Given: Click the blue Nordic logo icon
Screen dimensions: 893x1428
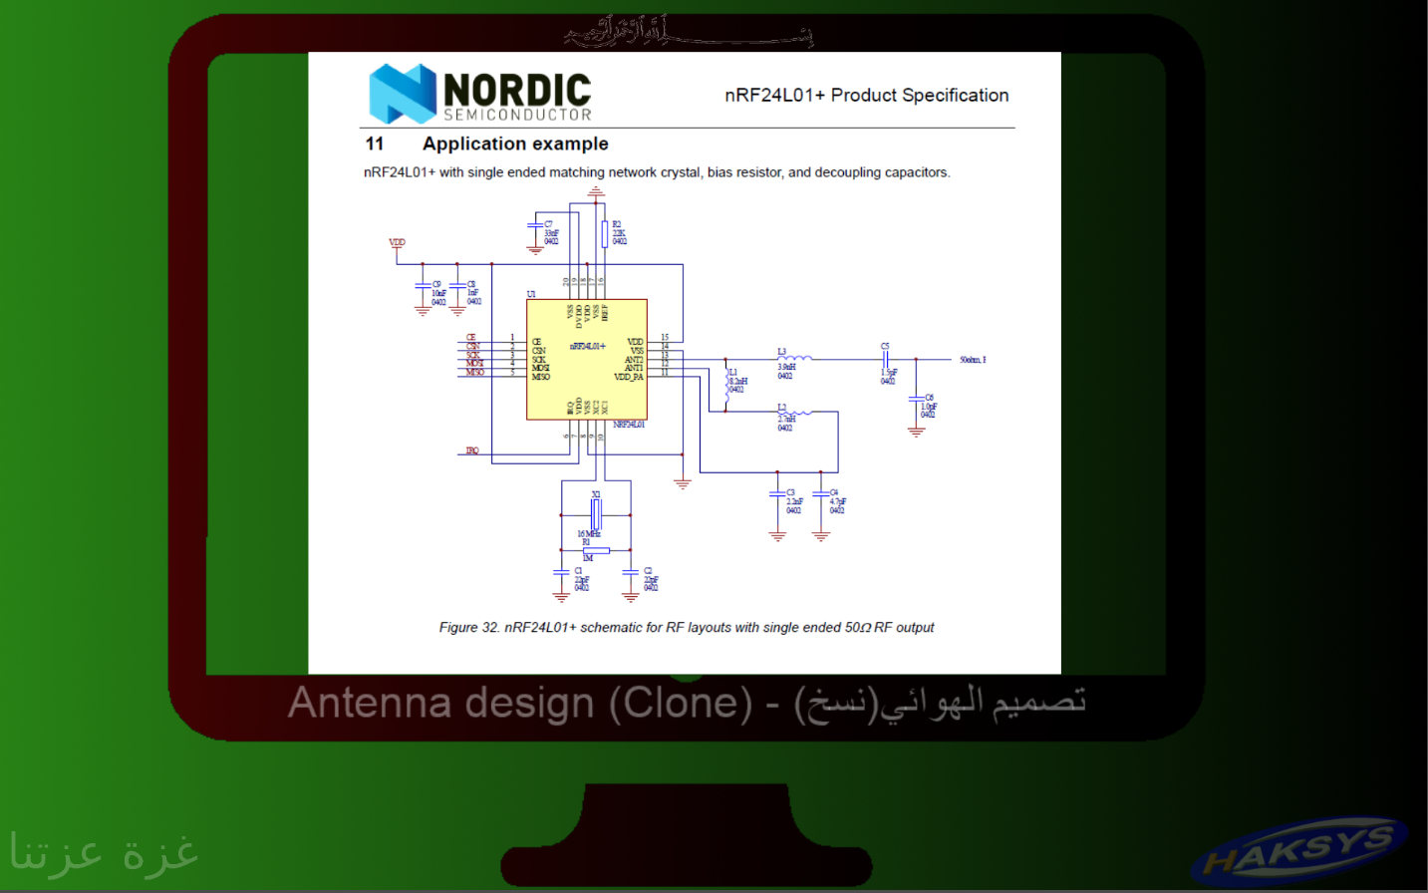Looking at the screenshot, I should click(x=403, y=94).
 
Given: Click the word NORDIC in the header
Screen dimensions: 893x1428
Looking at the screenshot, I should click(x=517, y=90).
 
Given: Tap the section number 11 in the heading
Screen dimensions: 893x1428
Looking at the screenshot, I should click(x=375, y=144).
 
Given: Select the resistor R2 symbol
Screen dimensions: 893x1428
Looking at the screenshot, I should click(x=604, y=234).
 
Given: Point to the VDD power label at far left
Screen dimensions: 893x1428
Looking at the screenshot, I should click(x=397, y=242).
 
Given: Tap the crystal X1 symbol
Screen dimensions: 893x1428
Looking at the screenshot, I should click(x=596, y=514).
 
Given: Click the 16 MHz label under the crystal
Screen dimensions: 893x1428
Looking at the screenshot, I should click(x=589, y=534).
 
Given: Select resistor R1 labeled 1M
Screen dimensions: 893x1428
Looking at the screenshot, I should click(x=596, y=550).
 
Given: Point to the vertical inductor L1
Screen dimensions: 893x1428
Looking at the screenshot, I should click(x=725, y=383).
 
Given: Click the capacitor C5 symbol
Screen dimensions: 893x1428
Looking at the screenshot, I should click(x=885, y=359).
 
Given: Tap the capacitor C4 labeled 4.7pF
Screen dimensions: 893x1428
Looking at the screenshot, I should click(x=821, y=494).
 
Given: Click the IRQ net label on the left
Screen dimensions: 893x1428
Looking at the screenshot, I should click(x=472, y=450).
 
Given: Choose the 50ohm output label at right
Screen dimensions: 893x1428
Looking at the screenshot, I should click(x=973, y=360).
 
